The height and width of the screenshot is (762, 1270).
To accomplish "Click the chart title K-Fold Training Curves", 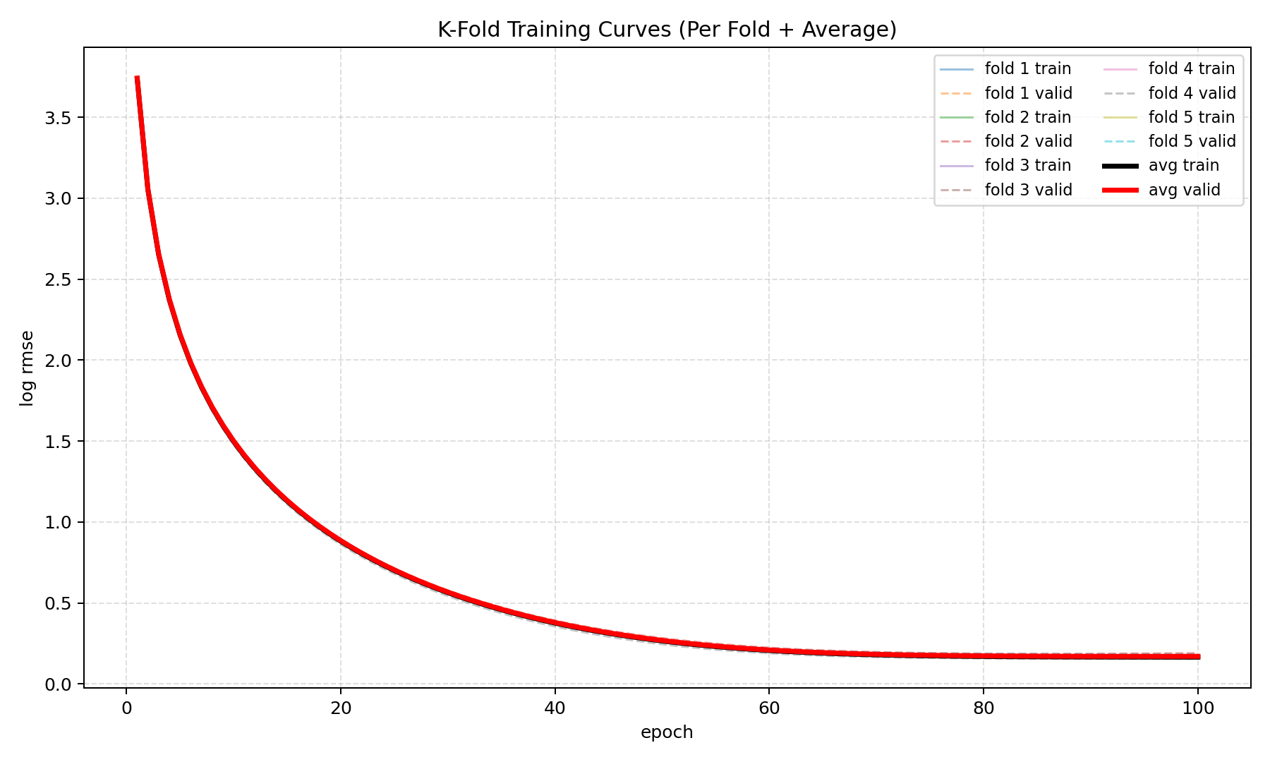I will pyautogui.click(x=667, y=30).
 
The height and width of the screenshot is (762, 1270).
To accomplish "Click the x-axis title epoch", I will pyautogui.click(x=667, y=732).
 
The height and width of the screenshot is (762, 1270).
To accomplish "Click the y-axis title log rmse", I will pyautogui.click(x=27, y=368).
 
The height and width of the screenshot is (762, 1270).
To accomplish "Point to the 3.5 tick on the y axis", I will pyautogui.click(x=58, y=117).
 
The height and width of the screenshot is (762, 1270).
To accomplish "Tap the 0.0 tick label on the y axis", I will pyautogui.click(x=58, y=684).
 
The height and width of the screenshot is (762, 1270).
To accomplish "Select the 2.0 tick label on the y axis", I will pyautogui.click(x=58, y=361).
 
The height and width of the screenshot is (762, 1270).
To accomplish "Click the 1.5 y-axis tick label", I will pyautogui.click(x=58, y=442).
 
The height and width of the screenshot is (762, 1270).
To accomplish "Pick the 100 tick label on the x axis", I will pyautogui.click(x=1197, y=708).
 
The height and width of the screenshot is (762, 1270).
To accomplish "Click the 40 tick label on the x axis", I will pyautogui.click(x=555, y=708).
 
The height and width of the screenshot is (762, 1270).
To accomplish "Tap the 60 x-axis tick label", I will pyautogui.click(x=769, y=708).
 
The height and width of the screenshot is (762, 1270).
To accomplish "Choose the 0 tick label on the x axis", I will pyautogui.click(x=126, y=708).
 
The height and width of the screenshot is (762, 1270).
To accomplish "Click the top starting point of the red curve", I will pyautogui.click(x=137, y=78).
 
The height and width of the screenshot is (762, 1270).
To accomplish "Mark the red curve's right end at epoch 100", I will pyautogui.click(x=1197, y=656).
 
